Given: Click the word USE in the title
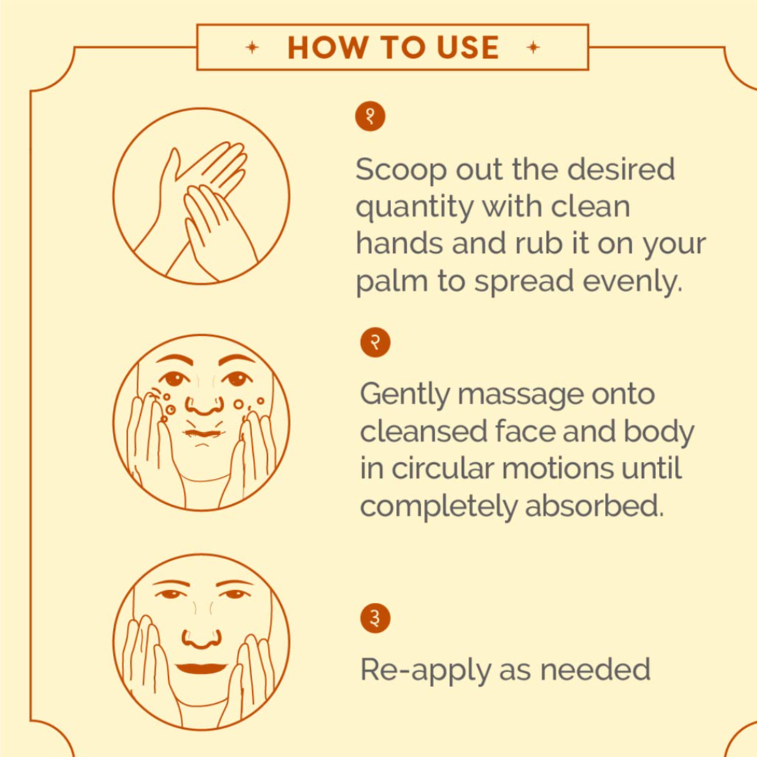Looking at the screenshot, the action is pyautogui.click(x=468, y=48).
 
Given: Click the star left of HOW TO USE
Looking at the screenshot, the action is pyautogui.click(x=252, y=48).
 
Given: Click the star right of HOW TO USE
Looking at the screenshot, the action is pyautogui.click(x=533, y=48).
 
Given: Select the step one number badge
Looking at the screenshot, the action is pyautogui.click(x=370, y=116).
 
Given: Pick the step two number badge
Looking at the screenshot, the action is pyautogui.click(x=375, y=342).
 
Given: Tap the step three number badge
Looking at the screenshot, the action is pyautogui.click(x=375, y=618).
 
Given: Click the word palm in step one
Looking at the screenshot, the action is pyautogui.click(x=392, y=282).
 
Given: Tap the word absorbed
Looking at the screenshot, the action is pyautogui.click(x=594, y=505).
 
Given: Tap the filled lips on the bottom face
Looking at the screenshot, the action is pyautogui.click(x=201, y=669).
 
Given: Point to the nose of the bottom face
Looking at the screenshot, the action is pyautogui.click(x=202, y=639).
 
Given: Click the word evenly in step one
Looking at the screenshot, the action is pyautogui.click(x=632, y=282).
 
